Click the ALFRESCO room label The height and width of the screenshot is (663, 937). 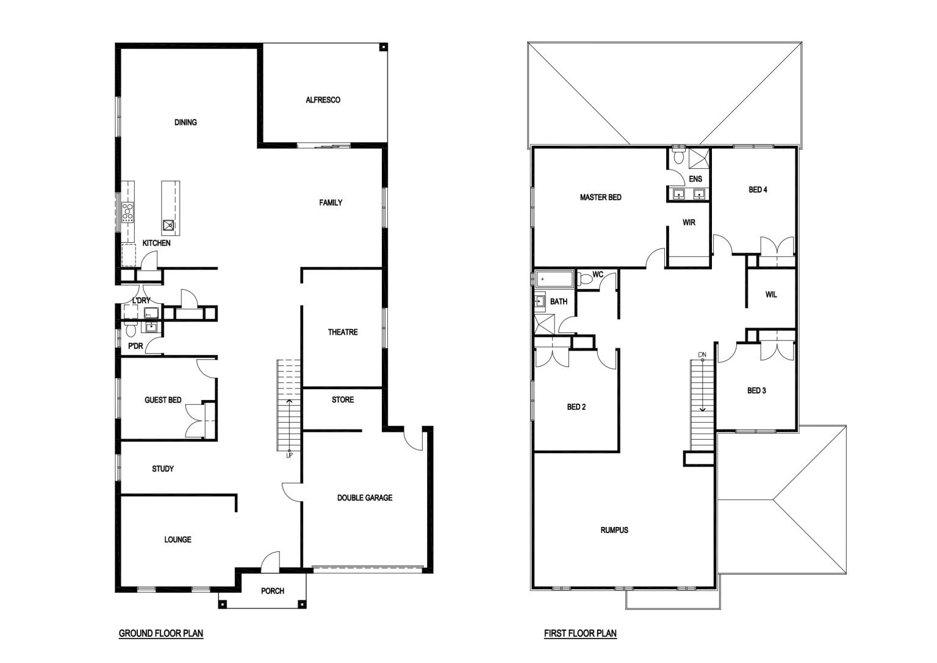click(x=323, y=100)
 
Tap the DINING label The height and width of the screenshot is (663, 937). click(x=185, y=122)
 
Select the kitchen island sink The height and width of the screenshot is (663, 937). click(x=168, y=225)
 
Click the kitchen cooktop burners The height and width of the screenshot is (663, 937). click(x=127, y=212)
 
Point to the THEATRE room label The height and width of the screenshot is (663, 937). click(x=343, y=332)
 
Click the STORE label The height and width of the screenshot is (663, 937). click(x=343, y=400)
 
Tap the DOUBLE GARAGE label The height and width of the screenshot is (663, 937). click(x=365, y=498)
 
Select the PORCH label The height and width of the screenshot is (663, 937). click(x=272, y=591)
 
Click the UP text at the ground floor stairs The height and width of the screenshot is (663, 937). click(x=289, y=456)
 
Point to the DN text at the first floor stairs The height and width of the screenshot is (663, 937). click(x=702, y=355)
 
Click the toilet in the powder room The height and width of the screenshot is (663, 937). click(x=131, y=329)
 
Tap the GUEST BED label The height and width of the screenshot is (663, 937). click(x=163, y=400)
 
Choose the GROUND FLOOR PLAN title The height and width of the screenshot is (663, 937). click(x=161, y=633)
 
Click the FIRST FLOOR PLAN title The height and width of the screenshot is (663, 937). click(x=580, y=633)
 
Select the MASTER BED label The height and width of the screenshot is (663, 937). click(x=600, y=198)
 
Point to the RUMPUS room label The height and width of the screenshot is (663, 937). click(x=614, y=531)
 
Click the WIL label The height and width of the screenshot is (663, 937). click(x=771, y=295)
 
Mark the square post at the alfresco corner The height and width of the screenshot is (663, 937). click(x=382, y=47)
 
